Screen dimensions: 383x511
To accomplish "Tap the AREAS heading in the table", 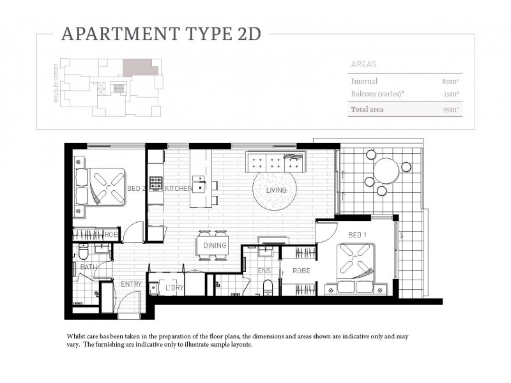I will coord(364,64).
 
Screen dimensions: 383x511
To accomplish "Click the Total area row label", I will coord(369,109).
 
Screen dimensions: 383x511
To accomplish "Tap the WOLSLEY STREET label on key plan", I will coord(57,79).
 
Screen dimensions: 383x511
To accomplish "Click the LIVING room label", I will coord(276,190).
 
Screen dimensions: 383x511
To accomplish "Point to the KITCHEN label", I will coord(179,189).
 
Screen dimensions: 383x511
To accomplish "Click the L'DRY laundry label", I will coord(174,289).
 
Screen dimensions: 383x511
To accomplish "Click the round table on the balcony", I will coord(386,170).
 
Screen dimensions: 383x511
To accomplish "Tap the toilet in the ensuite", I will coord(268,287).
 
